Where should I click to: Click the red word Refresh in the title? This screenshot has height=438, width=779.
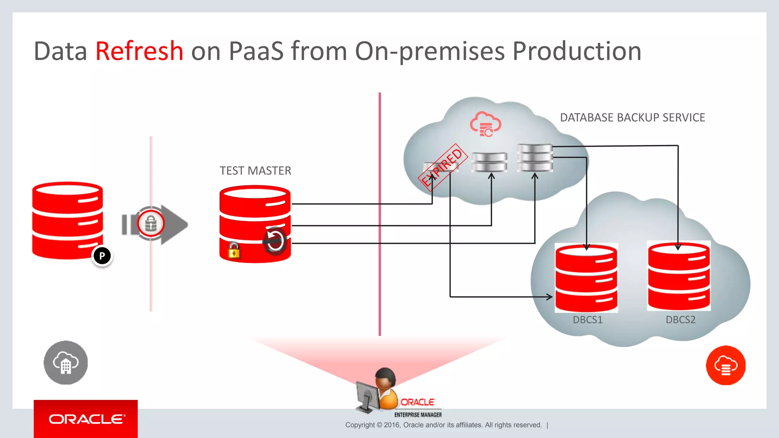139,51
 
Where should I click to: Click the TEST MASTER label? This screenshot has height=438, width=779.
255,171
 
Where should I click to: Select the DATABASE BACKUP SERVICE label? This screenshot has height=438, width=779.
632,117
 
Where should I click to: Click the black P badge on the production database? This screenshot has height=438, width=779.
102,256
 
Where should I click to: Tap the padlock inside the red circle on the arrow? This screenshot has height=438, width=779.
151,224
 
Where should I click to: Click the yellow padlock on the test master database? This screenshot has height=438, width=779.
234,251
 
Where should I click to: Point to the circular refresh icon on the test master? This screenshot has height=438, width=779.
275,241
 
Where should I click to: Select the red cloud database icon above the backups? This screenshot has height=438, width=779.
485,124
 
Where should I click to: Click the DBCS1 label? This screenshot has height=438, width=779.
588,320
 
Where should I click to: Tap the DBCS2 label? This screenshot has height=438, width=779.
680,320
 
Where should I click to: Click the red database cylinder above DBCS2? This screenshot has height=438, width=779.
679,276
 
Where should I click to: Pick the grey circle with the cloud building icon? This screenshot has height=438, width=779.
65,362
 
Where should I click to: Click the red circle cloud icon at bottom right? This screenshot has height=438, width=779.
726,365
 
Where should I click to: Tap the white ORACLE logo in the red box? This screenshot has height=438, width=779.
86,419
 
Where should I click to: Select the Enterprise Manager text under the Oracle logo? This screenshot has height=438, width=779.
418,415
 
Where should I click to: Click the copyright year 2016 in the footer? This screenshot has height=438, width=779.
391,425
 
